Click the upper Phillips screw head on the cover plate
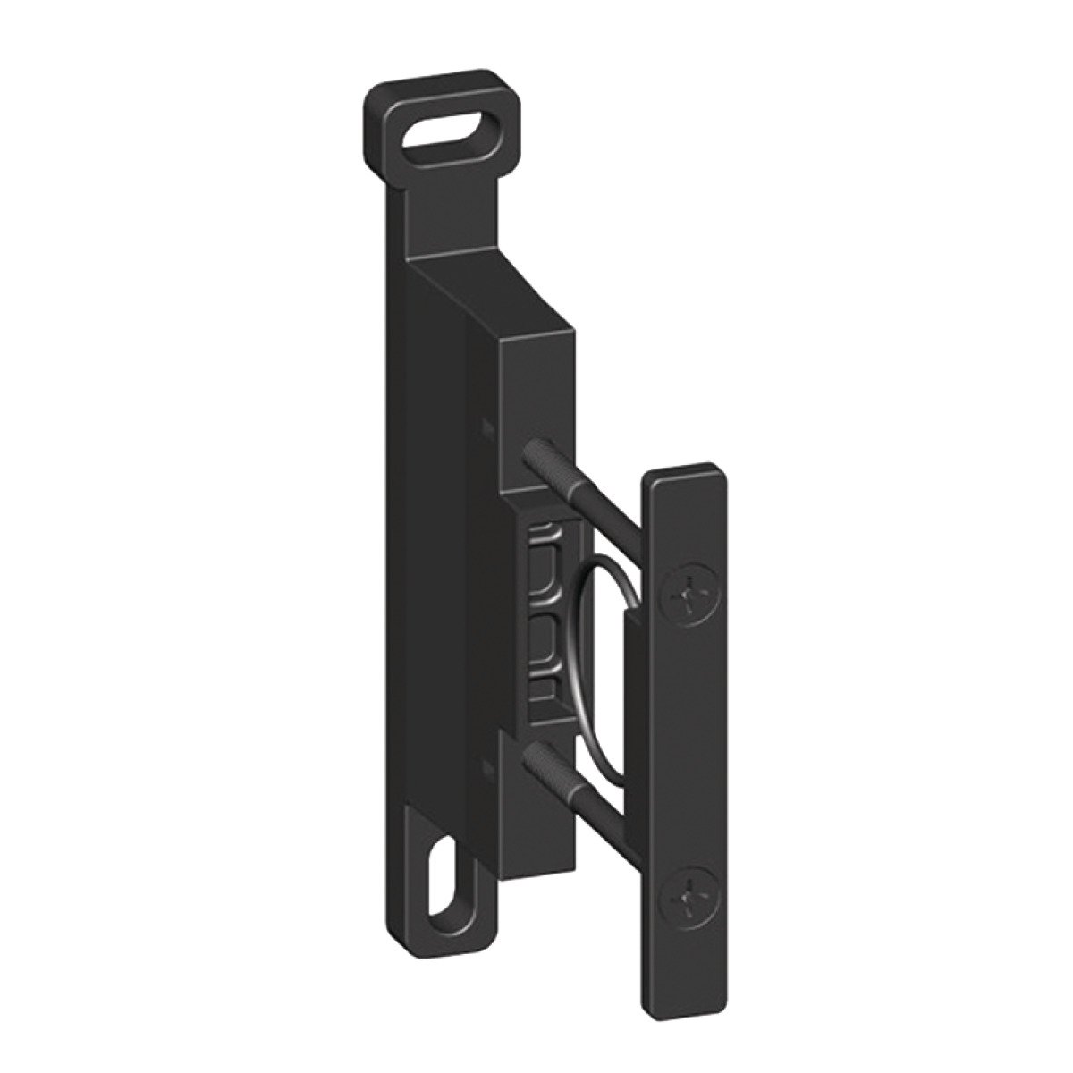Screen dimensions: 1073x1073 pos(686,596)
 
